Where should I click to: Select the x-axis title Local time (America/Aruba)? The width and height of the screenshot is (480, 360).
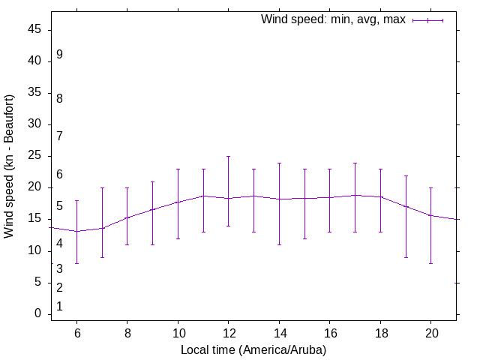253,349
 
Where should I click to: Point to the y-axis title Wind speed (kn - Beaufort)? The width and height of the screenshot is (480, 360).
10,166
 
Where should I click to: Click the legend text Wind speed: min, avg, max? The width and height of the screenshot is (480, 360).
333,19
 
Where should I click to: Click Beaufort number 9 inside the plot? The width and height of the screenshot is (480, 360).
59,55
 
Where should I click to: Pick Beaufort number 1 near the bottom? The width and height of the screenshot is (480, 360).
59,307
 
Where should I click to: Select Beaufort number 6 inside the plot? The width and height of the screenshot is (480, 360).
59,175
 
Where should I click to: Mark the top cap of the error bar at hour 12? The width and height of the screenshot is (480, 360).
228,157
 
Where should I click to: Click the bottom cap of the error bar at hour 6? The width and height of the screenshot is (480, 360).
76,263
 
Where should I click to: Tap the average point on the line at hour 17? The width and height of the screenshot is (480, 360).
355,195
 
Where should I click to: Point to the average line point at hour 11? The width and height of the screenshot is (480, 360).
203,196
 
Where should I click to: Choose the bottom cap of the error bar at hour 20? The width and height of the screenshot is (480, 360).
430,263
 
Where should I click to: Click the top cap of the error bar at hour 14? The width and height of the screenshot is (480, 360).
279,163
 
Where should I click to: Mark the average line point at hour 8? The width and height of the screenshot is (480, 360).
127,217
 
